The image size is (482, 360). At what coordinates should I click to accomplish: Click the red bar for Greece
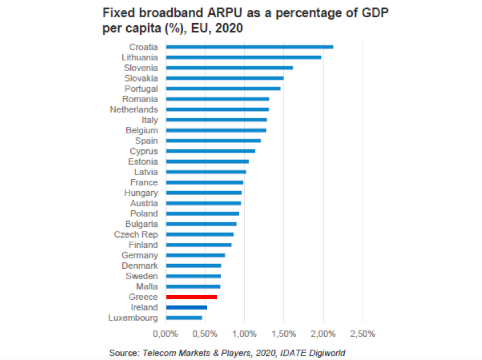[x=191, y=297]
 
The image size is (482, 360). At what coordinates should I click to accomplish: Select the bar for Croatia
[x=249, y=47]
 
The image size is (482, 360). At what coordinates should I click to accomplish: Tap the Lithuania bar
[x=243, y=57]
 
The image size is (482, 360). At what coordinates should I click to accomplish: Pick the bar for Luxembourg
[x=184, y=318]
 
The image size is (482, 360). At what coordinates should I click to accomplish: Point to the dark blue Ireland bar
[x=186, y=307]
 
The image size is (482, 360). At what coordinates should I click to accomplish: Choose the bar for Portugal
[x=223, y=88]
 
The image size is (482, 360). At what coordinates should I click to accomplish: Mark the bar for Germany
[x=195, y=255]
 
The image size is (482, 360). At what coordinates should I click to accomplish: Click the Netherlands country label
[x=134, y=109]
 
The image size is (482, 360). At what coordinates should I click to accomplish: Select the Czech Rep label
[x=136, y=234]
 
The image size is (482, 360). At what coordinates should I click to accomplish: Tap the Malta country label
[x=146, y=287]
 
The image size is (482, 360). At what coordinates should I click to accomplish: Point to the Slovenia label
[x=141, y=68]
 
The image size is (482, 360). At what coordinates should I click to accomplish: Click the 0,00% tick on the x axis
[x=166, y=334]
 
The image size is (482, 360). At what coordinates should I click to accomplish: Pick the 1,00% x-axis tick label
[x=244, y=334]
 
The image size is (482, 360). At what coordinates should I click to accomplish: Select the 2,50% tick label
[x=363, y=334]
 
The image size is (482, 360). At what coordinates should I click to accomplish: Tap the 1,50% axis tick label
[x=284, y=334]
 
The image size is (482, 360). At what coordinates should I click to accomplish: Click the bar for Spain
[x=213, y=141]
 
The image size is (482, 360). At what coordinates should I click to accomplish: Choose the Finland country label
[x=143, y=245]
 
